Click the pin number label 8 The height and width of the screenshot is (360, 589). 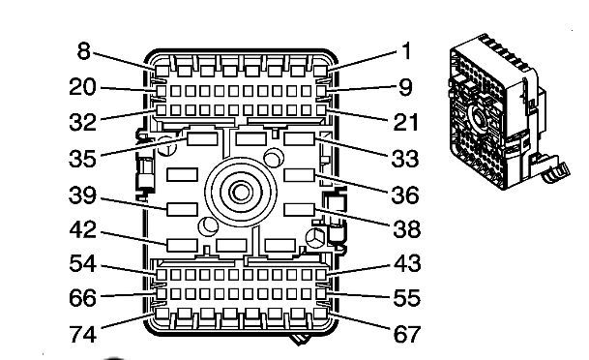(84, 51)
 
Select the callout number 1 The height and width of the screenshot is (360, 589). (406, 51)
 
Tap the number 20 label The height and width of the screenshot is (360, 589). (82, 87)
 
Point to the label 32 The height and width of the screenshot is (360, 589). (82, 122)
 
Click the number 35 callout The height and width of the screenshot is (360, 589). (82, 159)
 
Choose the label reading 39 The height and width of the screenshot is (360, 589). (82, 195)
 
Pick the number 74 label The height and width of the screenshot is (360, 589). (82, 334)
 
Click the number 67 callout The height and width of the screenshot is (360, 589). (407, 334)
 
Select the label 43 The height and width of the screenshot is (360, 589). (407, 263)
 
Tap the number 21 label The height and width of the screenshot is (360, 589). (405, 122)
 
